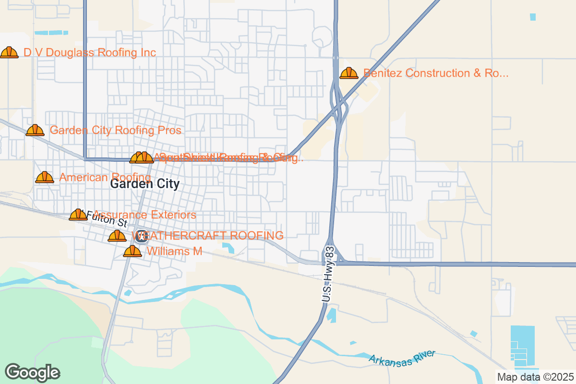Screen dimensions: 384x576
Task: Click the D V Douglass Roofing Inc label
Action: [x=90, y=52]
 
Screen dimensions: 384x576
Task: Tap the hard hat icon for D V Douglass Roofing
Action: [x=9, y=52]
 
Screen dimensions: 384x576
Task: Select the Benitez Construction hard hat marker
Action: [x=349, y=73]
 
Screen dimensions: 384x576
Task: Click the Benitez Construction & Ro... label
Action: [x=436, y=73]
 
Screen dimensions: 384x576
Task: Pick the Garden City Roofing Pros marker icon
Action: [x=35, y=130]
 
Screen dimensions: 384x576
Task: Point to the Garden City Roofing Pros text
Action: [x=116, y=131]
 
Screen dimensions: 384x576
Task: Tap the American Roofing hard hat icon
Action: [x=45, y=178]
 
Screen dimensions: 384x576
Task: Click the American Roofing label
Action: [x=105, y=178]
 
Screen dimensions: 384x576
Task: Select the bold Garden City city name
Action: [x=145, y=184]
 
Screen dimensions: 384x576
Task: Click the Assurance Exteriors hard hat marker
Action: [x=78, y=215]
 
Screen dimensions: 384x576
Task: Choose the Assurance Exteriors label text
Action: [x=144, y=215]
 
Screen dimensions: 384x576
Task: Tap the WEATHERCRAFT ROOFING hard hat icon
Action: [x=117, y=236]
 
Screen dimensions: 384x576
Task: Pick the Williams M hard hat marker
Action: [x=132, y=251]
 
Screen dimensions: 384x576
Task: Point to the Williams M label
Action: [x=174, y=251]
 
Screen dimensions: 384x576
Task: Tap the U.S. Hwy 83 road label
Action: [x=329, y=275]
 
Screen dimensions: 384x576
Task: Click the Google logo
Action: [x=33, y=372]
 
